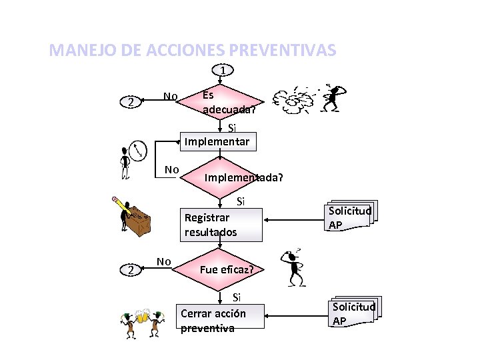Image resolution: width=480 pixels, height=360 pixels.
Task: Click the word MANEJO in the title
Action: (x=75, y=50)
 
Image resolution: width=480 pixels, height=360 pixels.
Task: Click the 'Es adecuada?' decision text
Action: (x=227, y=101)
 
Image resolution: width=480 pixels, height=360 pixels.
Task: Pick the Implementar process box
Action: (x=217, y=141)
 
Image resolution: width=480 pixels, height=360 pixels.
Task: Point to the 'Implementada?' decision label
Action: (x=243, y=178)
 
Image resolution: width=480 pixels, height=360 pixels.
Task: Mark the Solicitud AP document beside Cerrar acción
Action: (x=353, y=313)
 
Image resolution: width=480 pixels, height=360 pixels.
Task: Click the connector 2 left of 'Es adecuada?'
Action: (x=132, y=102)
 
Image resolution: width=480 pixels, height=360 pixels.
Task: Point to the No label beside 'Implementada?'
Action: (x=171, y=169)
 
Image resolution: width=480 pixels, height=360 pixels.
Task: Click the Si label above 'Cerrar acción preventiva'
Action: (x=236, y=298)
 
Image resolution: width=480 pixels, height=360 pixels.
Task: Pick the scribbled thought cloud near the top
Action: (x=296, y=99)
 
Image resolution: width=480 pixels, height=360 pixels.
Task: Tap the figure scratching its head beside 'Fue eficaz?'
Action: (x=294, y=267)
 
